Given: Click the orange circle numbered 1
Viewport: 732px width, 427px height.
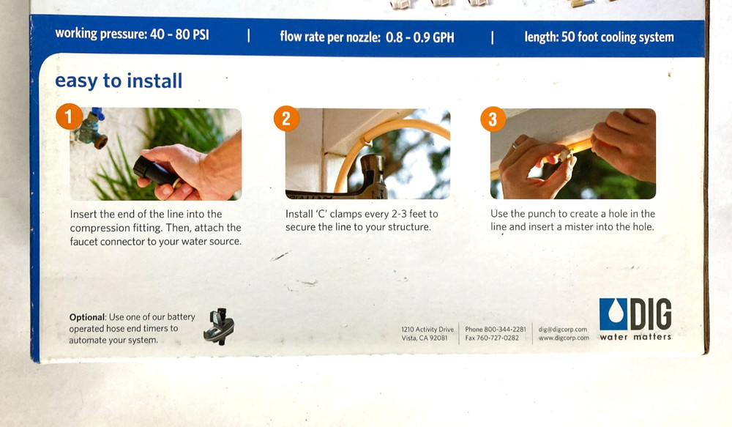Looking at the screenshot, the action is [x=69, y=116].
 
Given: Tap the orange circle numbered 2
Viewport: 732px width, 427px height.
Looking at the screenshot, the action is [x=286, y=118].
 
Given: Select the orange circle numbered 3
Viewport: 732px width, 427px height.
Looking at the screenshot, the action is [x=493, y=119].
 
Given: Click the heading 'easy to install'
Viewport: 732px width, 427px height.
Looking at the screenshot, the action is [x=119, y=81].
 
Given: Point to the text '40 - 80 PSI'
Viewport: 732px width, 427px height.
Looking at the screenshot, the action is [x=180, y=34].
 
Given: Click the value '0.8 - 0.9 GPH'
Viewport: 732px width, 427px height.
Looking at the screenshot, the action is [x=419, y=37].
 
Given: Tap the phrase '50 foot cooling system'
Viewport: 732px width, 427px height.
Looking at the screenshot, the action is [x=617, y=37].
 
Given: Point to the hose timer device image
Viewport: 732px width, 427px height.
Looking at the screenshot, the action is [x=218, y=326].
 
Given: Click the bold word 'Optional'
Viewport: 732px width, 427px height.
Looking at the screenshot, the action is [x=87, y=317].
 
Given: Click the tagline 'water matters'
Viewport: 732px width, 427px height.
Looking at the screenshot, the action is [x=635, y=337].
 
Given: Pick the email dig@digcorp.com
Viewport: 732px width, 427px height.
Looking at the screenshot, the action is [x=562, y=330].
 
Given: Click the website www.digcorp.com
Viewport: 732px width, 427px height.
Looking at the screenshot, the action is [x=564, y=338].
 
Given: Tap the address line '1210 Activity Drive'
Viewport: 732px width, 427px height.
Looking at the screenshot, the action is [x=427, y=330].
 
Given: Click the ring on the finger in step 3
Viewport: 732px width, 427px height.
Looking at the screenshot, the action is [x=515, y=145].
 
